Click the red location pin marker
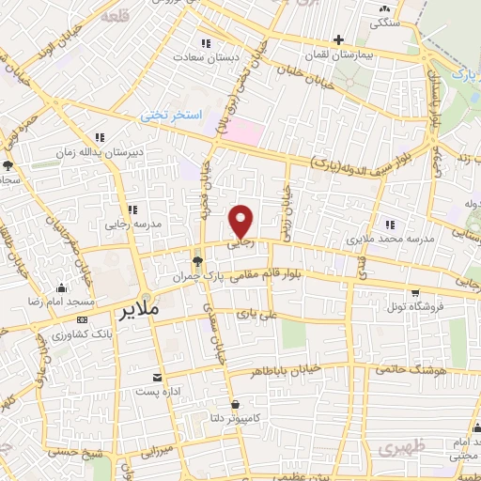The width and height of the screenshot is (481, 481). [242, 220]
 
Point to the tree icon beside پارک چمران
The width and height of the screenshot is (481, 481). [197, 261]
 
